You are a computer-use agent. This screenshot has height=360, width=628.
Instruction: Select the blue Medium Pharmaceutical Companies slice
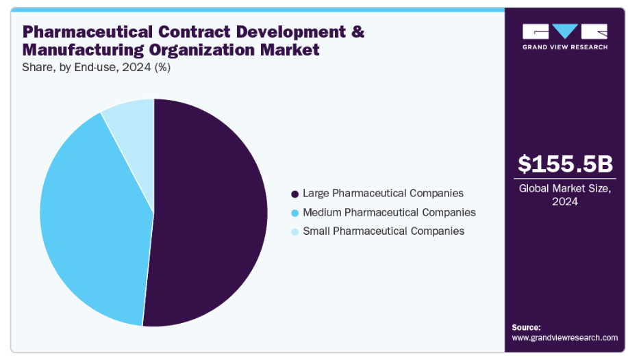point(89,219)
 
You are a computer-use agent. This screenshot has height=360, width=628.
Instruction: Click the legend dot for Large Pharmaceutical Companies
point(294,194)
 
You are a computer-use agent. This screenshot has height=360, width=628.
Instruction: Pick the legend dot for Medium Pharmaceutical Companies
point(294,213)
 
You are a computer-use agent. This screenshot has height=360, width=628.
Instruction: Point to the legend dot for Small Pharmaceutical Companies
point(294,231)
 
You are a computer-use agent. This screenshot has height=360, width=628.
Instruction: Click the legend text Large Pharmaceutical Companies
point(383,194)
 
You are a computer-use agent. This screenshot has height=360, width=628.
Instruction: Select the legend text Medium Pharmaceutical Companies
point(389,213)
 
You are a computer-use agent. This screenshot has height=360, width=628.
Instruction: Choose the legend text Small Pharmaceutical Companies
point(384,231)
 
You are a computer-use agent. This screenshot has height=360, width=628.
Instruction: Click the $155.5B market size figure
point(565,164)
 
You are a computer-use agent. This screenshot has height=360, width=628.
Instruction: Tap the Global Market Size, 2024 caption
point(565,194)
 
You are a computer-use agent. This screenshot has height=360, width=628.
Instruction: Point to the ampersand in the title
point(357,31)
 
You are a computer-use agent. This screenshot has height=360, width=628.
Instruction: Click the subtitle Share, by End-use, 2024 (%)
point(97,67)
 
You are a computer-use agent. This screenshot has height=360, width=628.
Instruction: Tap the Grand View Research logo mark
point(565,31)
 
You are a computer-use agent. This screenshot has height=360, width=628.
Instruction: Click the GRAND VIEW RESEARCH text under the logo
point(565,47)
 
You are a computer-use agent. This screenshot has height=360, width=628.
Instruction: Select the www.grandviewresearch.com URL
point(565,337)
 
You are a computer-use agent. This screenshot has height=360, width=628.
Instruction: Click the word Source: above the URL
point(526,327)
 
